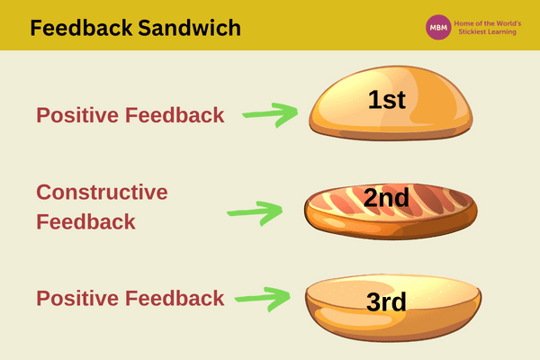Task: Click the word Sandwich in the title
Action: pyautogui.click(x=192, y=28)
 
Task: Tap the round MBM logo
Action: pyautogui.click(x=438, y=27)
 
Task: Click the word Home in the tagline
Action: pyautogui.click(x=466, y=22)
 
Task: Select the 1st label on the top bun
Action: pyautogui.click(x=387, y=100)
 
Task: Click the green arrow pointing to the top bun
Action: pyautogui.click(x=272, y=114)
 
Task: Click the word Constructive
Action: pyautogui.click(x=102, y=193)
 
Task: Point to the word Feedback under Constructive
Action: pyautogui.click(x=85, y=221)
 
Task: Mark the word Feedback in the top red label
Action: pyautogui.click(x=175, y=115)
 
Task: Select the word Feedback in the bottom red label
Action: pyautogui.click(x=175, y=298)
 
